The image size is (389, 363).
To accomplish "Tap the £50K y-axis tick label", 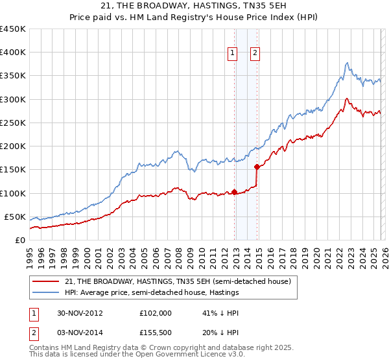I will click(x=14, y=217).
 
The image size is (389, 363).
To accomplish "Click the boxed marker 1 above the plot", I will click(x=232, y=53).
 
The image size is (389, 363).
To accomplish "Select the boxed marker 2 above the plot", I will click(x=255, y=53).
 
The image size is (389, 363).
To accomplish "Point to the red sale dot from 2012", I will click(x=235, y=192).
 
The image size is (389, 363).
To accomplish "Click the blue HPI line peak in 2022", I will click(x=348, y=63).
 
